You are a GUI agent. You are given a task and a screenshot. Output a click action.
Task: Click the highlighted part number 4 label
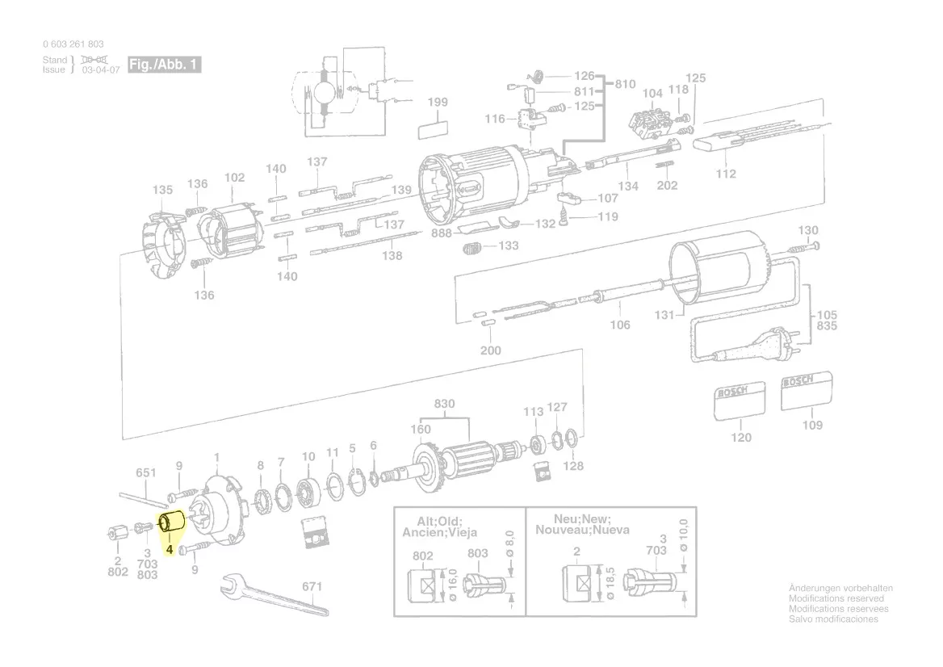pos(170,550)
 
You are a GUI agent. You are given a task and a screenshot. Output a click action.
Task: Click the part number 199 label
pos(438,103)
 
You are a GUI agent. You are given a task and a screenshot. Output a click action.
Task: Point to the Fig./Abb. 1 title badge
pos(164,65)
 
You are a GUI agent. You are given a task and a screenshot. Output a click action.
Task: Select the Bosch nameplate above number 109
pos(807,392)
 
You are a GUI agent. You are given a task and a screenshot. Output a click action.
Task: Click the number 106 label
pos(619,325)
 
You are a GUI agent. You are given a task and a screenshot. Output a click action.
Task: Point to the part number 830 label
pos(445,404)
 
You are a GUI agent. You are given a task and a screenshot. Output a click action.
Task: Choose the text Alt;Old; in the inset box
pos(439,521)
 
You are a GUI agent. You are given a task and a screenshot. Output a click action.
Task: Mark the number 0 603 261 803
pos(73,44)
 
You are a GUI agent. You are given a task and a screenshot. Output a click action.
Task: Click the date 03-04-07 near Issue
pos(101,70)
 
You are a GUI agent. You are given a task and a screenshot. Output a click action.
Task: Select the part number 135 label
pos(163,191)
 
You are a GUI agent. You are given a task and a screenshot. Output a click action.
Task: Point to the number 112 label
pos(726,174)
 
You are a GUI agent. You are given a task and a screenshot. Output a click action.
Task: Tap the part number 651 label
pos(145,473)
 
